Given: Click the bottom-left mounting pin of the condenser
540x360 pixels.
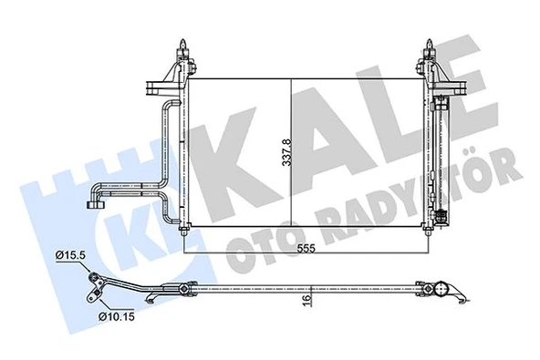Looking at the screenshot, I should pyautogui.click(x=186, y=230).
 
